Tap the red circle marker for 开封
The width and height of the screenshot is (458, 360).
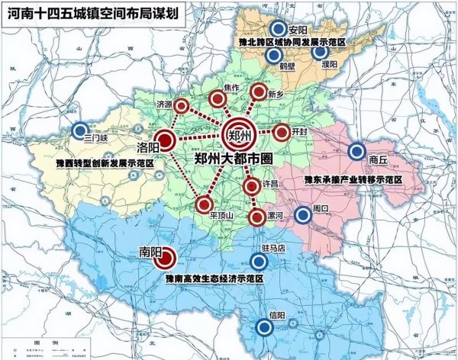[x=282, y=133]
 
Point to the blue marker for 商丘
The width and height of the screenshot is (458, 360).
[x=355, y=151]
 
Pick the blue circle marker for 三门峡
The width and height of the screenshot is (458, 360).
[x=79, y=130]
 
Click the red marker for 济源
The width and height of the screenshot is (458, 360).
[x=182, y=106]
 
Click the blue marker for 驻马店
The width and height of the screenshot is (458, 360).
[x=259, y=262]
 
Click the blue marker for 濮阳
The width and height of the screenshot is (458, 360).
[x=319, y=53]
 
